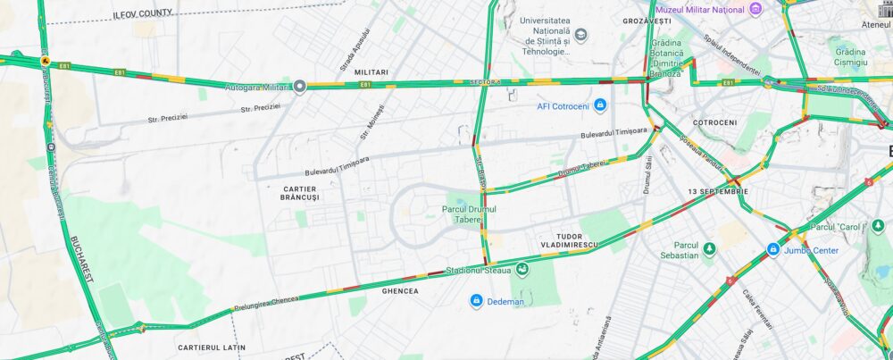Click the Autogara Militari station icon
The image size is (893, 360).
tap(300, 86)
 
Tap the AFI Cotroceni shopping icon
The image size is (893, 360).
tap(600, 106)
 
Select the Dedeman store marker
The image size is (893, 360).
tap(477, 301)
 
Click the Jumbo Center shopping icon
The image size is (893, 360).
tap(773, 250)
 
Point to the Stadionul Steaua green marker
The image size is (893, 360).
tap(521, 269)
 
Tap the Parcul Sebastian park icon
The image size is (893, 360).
tap(709, 249)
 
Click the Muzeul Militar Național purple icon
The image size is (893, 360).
tap(755, 9)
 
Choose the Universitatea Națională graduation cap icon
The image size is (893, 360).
tap(581, 35)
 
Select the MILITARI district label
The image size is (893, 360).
tap(371, 71)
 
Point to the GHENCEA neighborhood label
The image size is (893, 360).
tap(399, 290)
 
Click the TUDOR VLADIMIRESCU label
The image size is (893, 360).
tap(568, 240)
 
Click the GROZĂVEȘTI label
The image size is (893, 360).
tap(647, 20)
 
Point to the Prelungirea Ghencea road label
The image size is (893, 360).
tap(267, 300)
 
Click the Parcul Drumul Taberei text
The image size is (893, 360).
tap(469, 215)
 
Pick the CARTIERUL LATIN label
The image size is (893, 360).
tap(212, 347)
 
